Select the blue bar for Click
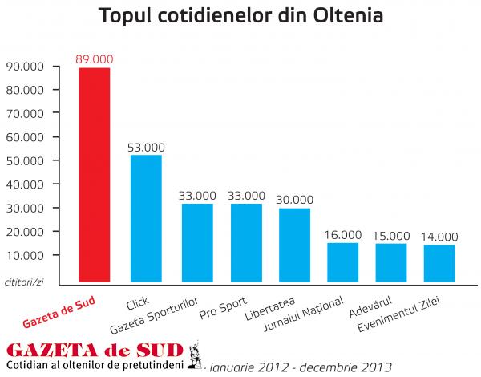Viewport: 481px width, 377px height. (147, 218)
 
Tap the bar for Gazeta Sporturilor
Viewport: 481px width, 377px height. (197, 243)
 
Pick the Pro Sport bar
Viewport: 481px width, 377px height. (246, 243)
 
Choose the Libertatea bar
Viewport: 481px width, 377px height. (294, 245)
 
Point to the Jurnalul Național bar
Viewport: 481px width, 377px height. (342, 262)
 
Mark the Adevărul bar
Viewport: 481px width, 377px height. (391, 263)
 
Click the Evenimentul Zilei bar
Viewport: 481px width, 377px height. (439, 264)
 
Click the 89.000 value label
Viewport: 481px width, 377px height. (95, 59)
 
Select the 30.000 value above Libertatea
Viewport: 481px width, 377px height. (294, 200)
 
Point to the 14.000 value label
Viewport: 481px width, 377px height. (439, 237)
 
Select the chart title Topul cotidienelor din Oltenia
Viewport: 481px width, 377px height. (240, 16)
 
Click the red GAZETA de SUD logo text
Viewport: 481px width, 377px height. (94, 350)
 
